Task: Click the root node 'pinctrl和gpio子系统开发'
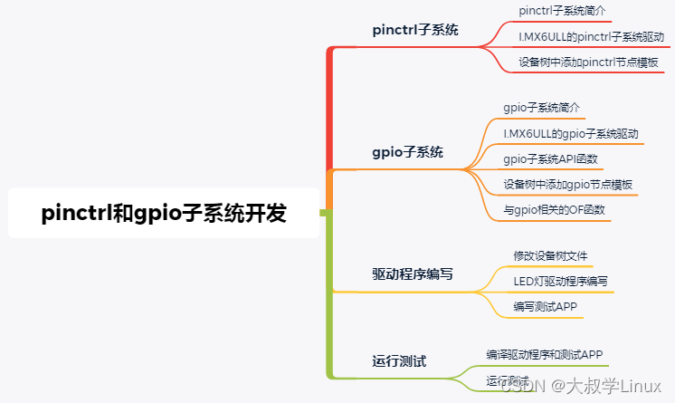(x=164, y=214)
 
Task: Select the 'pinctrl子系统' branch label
(x=415, y=30)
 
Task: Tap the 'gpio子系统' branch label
(x=408, y=152)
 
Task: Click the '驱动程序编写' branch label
(x=413, y=273)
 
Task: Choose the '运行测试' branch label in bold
(x=399, y=360)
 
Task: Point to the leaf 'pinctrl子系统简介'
(x=562, y=11)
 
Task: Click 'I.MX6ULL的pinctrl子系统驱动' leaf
(x=590, y=37)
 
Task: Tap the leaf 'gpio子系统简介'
(x=541, y=108)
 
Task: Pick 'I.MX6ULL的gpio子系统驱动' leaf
(x=571, y=134)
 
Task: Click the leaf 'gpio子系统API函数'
(x=551, y=159)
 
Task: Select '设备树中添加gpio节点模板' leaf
(x=567, y=185)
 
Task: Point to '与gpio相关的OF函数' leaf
(x=555, y=210)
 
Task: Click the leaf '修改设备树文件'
(x=551, y=255)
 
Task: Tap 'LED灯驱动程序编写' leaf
(x=560, y=282)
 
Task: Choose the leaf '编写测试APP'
(x=545, y=308)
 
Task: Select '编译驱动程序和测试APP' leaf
(x=545, y=354)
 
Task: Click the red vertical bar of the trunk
(x=330, y=109)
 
